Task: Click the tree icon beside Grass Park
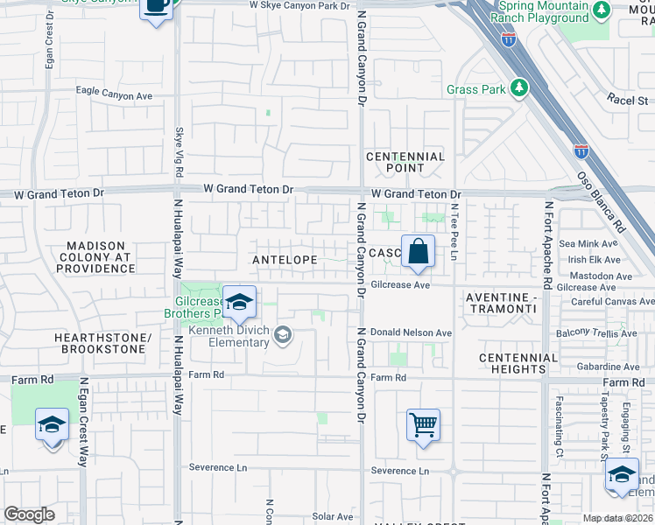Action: [519, 88]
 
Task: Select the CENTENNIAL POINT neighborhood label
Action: [405, 162]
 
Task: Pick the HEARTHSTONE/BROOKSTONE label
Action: [102, 343]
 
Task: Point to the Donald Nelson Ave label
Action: [410, 332]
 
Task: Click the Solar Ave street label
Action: [333, 517]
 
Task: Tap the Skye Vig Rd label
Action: [180, 150]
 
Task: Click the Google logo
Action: [29, 514]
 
